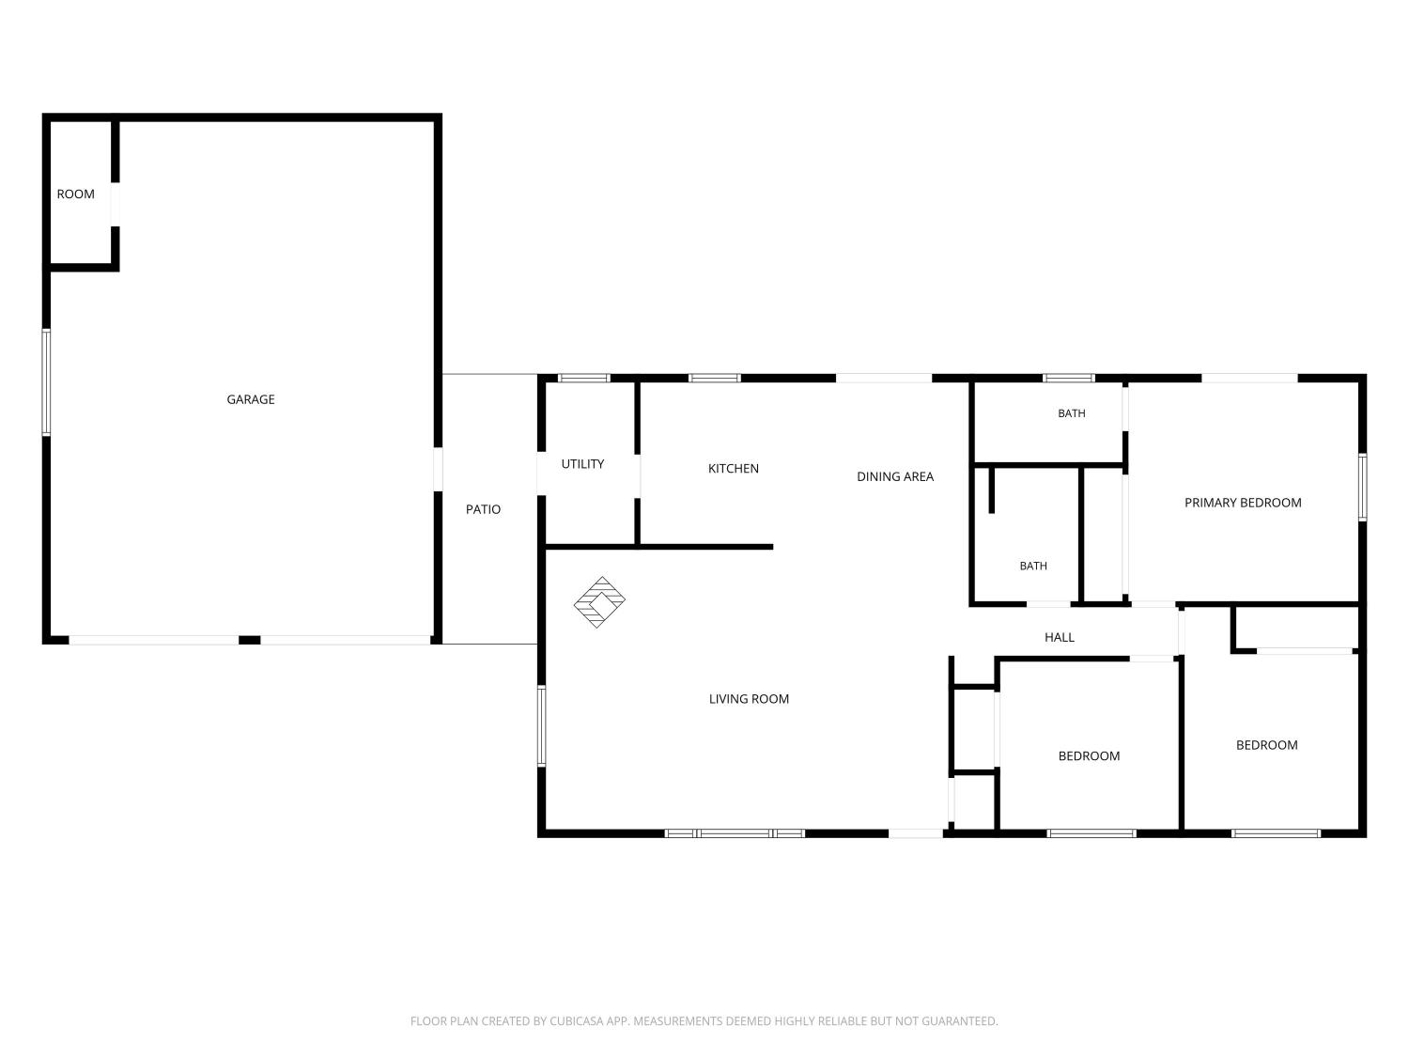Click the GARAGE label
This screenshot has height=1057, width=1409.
(251, 399)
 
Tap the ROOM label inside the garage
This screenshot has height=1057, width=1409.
(76, 194)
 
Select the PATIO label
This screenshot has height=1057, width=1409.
(483, 509)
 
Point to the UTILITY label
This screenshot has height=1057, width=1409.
(582, 463)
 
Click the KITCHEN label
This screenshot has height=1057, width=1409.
(733, 469)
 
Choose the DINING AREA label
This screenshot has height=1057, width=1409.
(895, 476)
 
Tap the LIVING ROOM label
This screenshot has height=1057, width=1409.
(749, 699)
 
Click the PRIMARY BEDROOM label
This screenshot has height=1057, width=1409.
(1243, 503)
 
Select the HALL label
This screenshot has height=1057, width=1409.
(1060, 637)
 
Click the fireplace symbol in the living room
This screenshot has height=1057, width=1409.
(599, 602)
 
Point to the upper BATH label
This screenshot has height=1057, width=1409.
(1072, 413)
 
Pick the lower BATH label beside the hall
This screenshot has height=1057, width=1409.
(1033, 566)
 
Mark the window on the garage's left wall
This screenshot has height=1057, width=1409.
(46, 382)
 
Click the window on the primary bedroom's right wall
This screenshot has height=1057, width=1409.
(1362, 487)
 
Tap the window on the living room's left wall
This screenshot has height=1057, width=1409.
(541, 726)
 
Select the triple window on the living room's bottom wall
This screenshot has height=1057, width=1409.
(735, 833)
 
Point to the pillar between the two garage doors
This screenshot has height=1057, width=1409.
(250, 640)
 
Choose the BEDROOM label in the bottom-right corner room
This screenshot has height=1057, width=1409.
(1266, 745)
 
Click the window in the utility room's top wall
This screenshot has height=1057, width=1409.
(583, 378)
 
